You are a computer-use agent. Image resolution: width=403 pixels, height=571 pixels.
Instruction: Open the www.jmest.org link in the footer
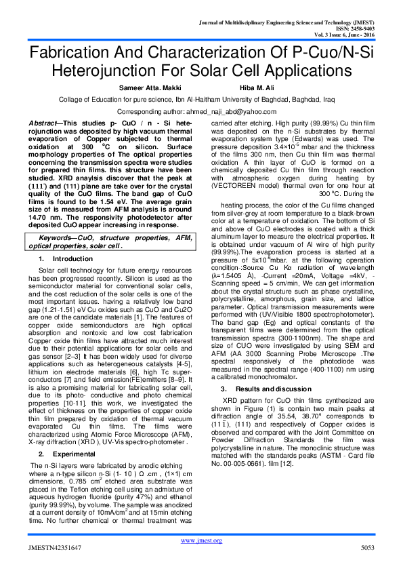click(201, 540)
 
